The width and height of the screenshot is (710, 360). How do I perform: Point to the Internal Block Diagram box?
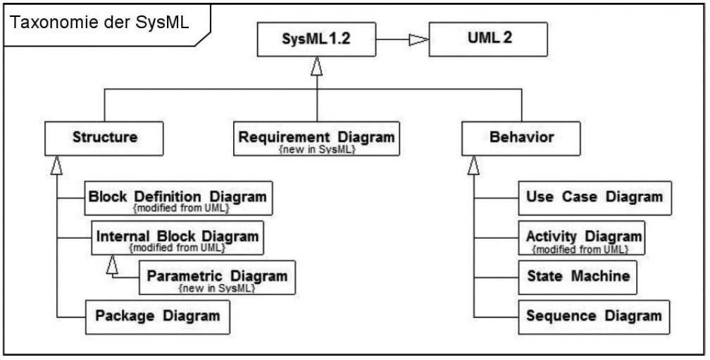(179, 237)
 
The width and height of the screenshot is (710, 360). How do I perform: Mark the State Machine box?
(577, 277)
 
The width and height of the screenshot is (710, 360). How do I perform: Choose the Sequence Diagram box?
(594, 316)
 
